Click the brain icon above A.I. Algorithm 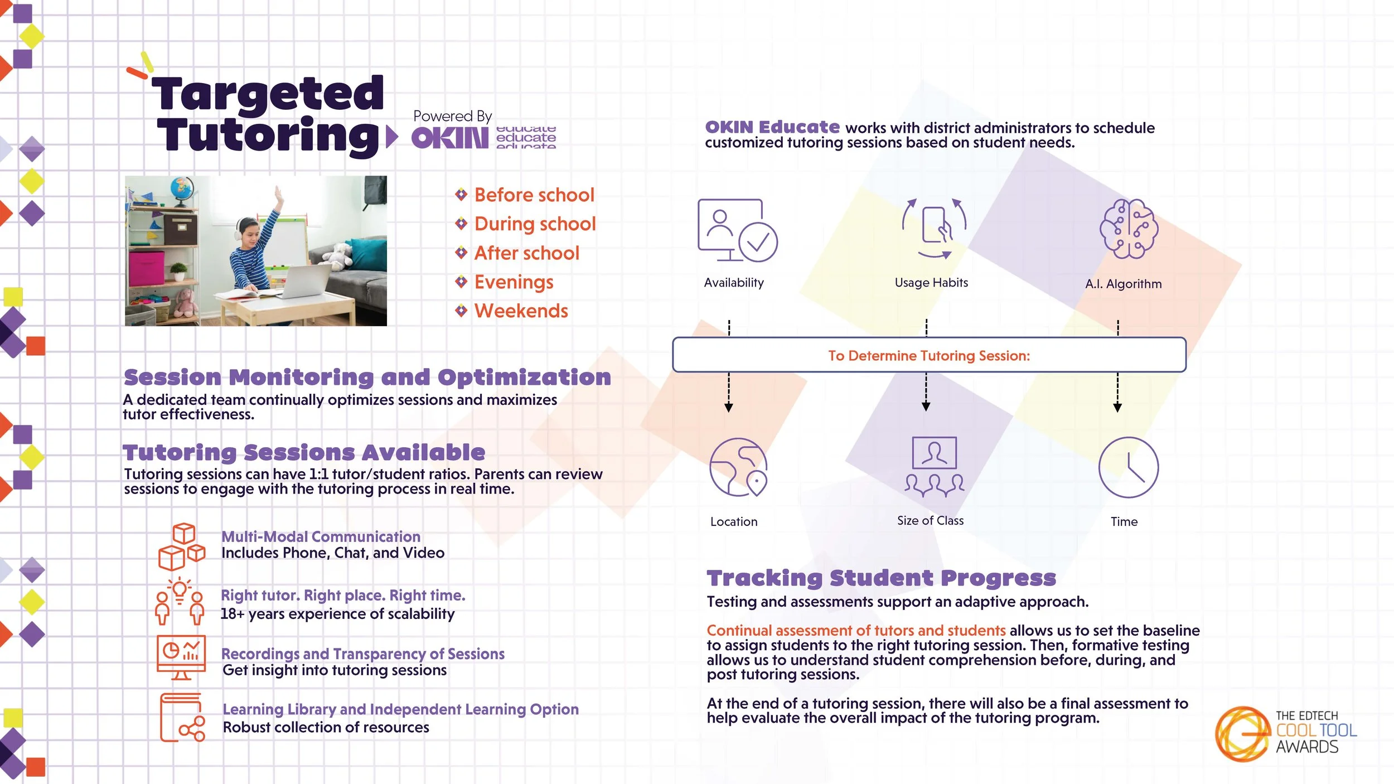click(1129, 229)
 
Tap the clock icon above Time click(1128, 467)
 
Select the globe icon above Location click(738, 467)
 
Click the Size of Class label click(930, 520)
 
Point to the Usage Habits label click(931, 283)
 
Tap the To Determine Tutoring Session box click(929, 355)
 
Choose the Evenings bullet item click(514, 282)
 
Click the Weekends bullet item click(521, 311)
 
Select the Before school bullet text click(534, 195)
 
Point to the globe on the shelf click(182, 188)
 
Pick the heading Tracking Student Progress click(881, 578)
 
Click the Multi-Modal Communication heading click(321, 536)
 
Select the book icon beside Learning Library click(182, 717)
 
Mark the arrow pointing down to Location click(728, 393)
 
